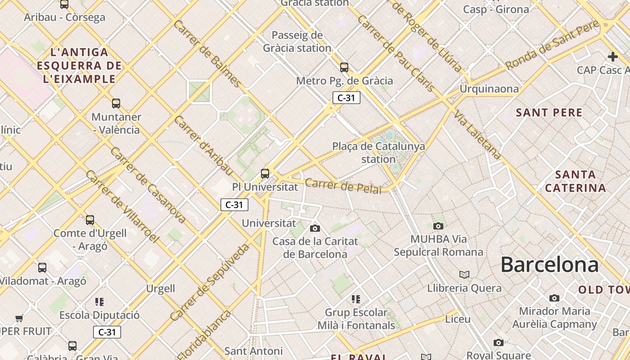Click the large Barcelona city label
coord(549,265)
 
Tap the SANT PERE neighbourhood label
coord(549,112)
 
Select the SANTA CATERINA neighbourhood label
coord(575,181)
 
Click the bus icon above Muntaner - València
coord(116,103)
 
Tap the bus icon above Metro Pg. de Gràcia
coord(344,67)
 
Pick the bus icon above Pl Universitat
coord(265,173)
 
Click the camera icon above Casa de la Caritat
coord(315,228)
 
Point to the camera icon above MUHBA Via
coord(438,226)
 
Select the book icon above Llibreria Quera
coord(464,274)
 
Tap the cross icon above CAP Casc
coord(612,57)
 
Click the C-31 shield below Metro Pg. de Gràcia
coord(346,98)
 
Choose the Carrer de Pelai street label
coord(343,186)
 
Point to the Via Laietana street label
coord(477,135)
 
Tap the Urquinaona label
coord(489,89)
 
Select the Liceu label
coord(458,319)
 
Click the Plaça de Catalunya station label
coord(378,153)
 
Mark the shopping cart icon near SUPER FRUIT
coord(19,319)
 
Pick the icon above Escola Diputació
coord(99,301)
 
